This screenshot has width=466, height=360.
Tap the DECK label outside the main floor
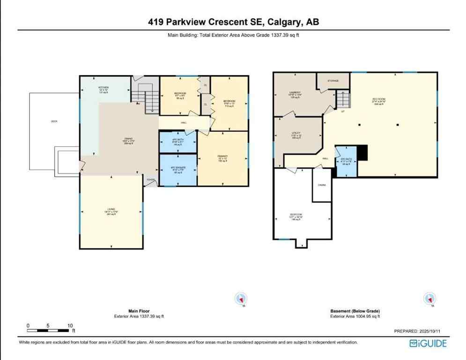coord(54,121)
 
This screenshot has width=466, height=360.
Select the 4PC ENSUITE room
coord(178,170)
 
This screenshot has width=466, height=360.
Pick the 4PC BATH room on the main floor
coord(178,142)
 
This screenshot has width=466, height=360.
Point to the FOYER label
coord(150,180)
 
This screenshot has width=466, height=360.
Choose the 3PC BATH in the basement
coord(346,162)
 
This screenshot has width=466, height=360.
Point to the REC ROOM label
coord(378,101)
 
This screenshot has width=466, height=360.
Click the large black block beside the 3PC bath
coord(362,153)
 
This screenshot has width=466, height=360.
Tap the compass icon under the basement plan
coord(429,298)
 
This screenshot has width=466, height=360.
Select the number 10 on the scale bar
coord(70,325)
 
